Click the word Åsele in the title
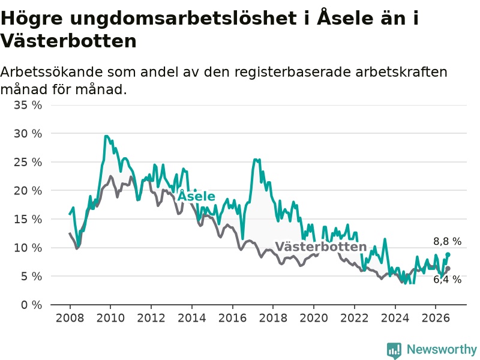345,17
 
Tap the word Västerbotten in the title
68,40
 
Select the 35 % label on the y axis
28,105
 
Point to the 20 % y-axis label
28,191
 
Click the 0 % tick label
32,305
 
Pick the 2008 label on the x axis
70,318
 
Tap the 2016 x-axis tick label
232,318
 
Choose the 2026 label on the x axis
436,318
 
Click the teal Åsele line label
196,196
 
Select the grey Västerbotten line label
321,247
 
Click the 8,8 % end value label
447,241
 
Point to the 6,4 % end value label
447,279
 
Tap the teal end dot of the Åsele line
448,254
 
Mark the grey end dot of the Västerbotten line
448,268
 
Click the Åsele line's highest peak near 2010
106,136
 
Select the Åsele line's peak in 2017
255,160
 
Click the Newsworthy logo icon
394,350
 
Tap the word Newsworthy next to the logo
442,349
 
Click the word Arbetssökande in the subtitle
52,72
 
